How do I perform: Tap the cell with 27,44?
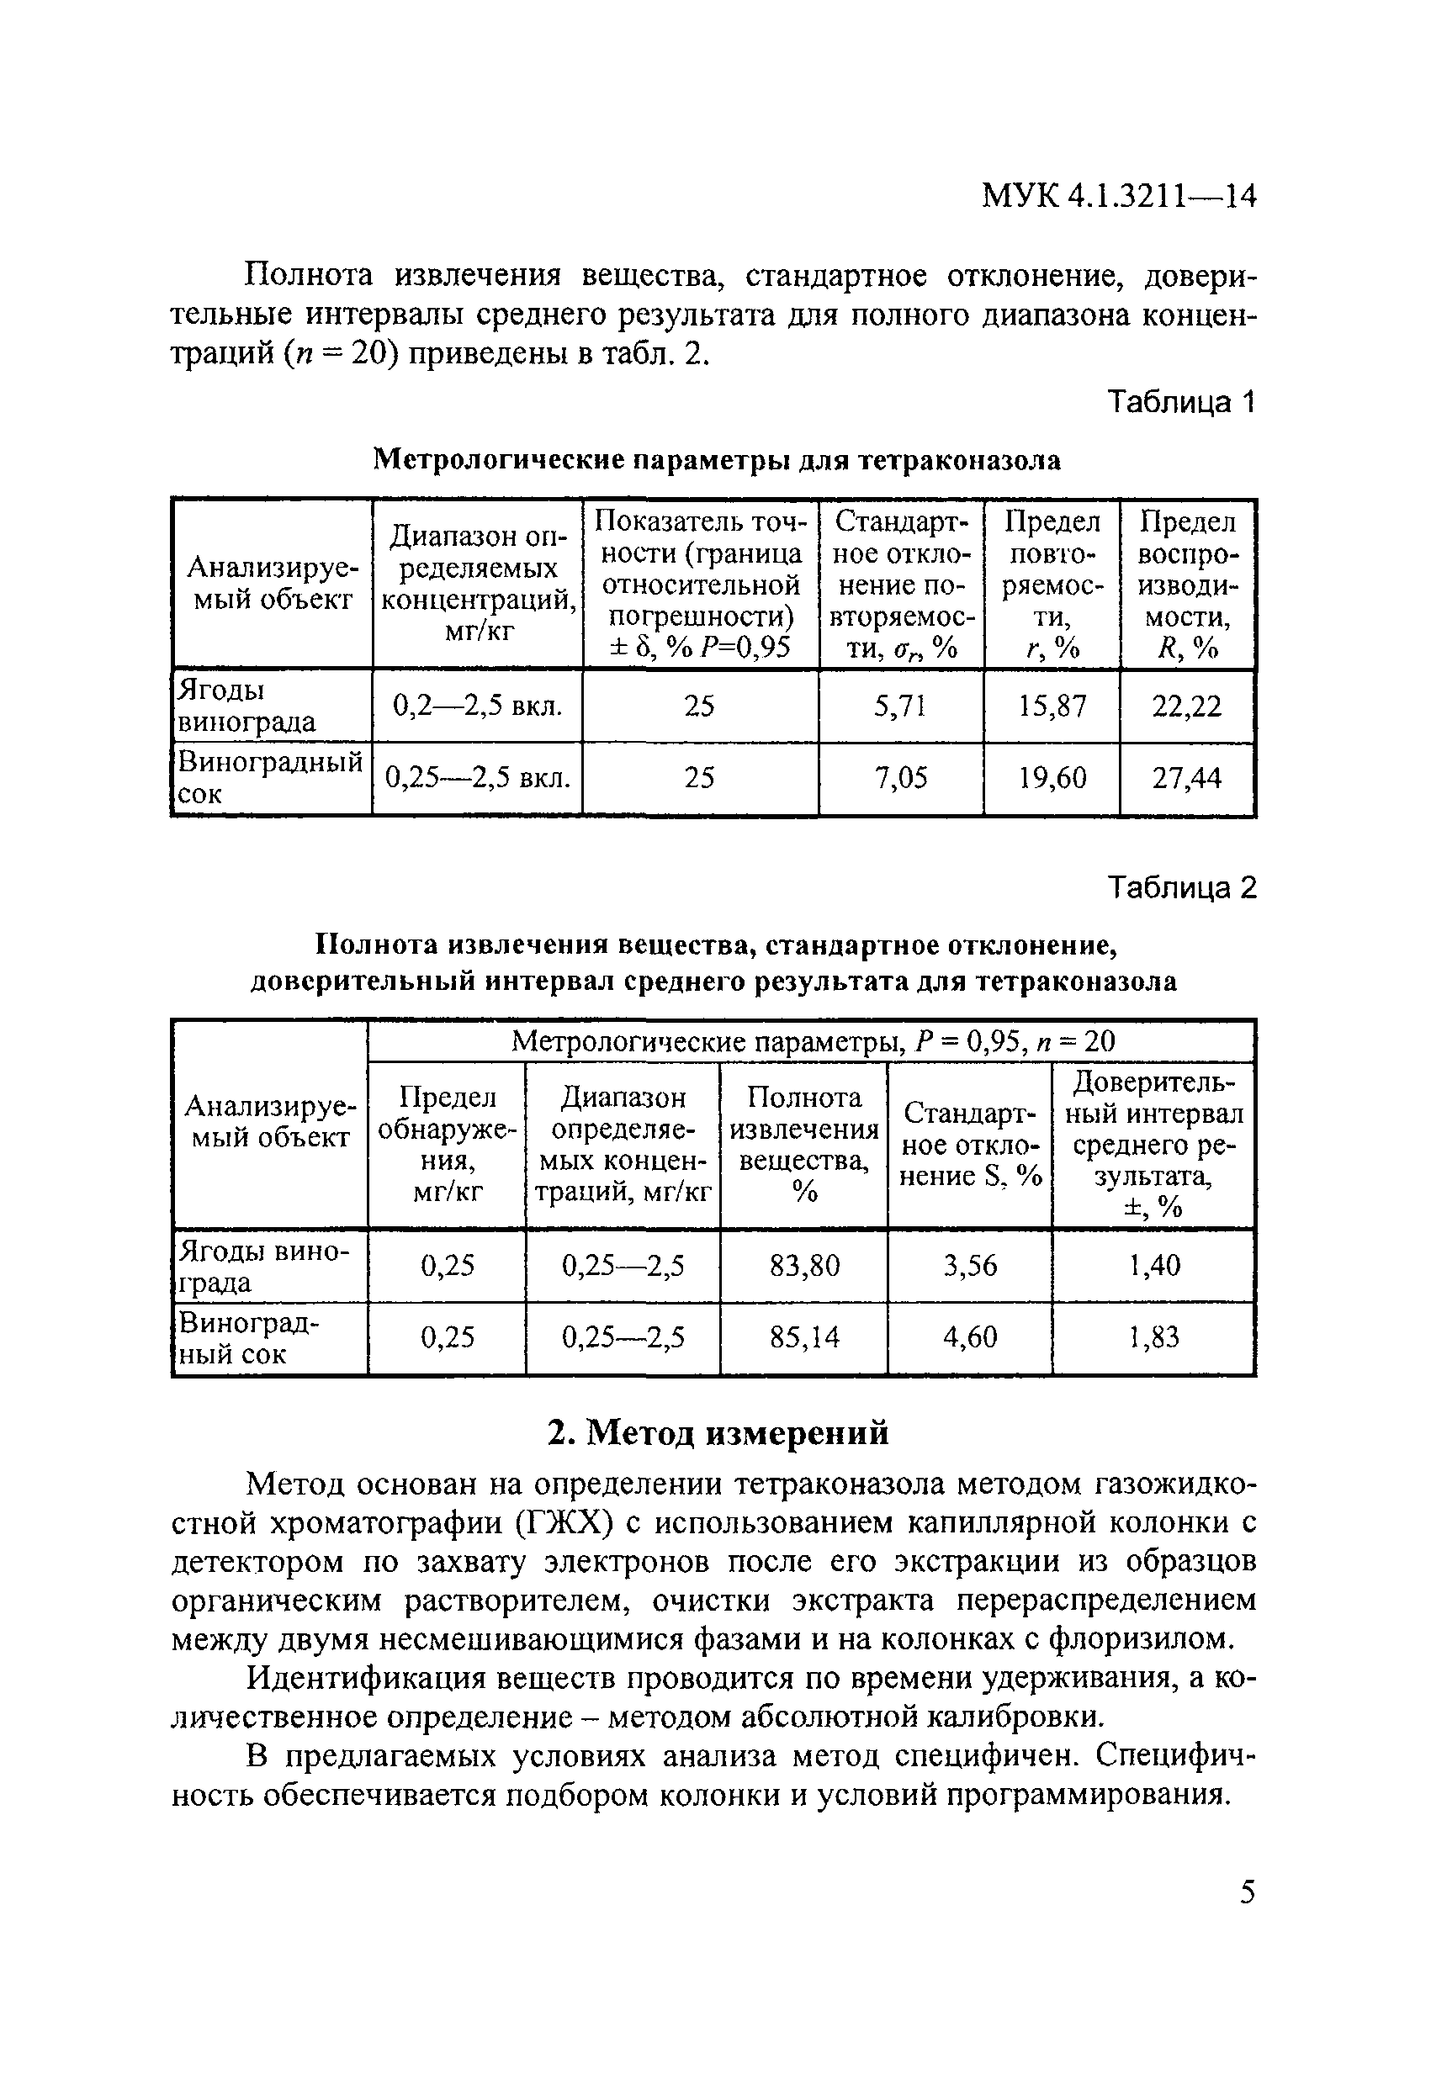(x=1186, y=777)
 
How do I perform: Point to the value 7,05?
(x=900, y=777)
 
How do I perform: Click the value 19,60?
(x=1052, y=777)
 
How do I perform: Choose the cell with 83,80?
(x=804, y=1265)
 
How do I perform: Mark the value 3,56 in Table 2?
(x=970, y=1265)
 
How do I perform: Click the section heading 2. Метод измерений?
(x=718, y=1433)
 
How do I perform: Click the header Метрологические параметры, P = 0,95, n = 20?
(x=812, y=1040)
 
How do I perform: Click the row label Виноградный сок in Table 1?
(x=269, y=777)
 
